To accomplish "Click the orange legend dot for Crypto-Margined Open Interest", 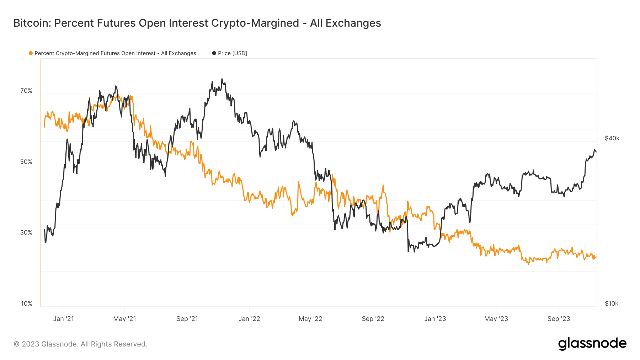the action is (x=31, y=53).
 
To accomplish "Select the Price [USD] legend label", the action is (x=233, y=53).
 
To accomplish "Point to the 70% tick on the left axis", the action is (x=26, y=91).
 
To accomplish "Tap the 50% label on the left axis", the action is (x=26, y=162).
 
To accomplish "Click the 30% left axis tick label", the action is (x=26, y=232).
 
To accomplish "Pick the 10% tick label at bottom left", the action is (x=27, y=303).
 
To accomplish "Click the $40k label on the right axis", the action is (x=612, y=138).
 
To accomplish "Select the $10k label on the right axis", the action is (x=612, y=303).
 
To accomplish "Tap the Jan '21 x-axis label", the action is (x=63, y=319).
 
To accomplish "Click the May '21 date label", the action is (x=124, y=319).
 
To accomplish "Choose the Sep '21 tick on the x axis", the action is (x=187, y=319).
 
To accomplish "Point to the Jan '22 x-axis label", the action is (x=249, y=319).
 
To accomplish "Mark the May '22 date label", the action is (x=310, y=319).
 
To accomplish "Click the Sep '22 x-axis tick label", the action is (x=373, y=319).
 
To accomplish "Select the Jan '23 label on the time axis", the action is (x=435, y=319).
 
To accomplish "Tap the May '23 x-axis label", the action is (x=496, y=319).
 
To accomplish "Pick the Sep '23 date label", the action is (x=559, y=319).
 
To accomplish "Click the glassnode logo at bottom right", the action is (x=592, y=344).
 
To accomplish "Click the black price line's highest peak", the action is (x=222, y=79).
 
